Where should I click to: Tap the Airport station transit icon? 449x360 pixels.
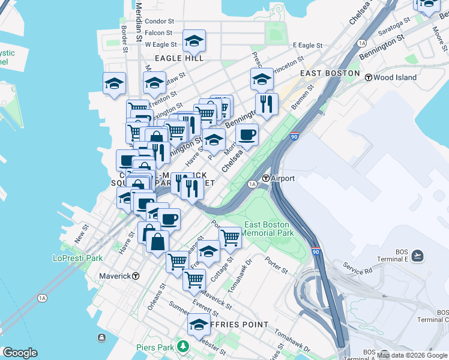(266, 178)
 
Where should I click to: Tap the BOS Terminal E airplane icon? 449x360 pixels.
(418, 256)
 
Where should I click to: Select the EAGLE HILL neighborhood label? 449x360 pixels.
(179, 58)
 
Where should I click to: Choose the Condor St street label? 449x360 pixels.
(159, 22)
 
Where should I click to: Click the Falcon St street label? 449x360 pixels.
(159, 33)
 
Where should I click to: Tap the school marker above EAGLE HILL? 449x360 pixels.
(194, 41)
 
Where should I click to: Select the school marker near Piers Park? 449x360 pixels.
(199, 325)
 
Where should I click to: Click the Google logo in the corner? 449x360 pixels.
(20, 353)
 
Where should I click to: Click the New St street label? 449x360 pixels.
(82, 234)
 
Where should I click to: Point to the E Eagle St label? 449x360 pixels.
(308, 46)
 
